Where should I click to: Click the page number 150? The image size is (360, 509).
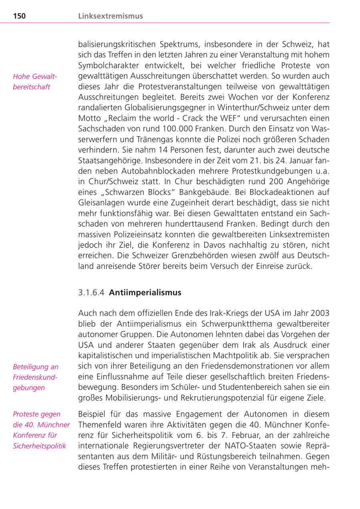[x=19, y=16]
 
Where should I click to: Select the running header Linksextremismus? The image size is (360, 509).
[x=110, y=16]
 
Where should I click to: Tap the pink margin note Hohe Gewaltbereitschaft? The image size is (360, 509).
[x=35, y=82]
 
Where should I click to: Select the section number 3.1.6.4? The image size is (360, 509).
[x=91, y=293]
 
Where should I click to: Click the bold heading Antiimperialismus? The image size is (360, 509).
[x=145, y=293]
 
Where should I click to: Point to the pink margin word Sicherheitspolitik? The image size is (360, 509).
[x=39, y=446]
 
